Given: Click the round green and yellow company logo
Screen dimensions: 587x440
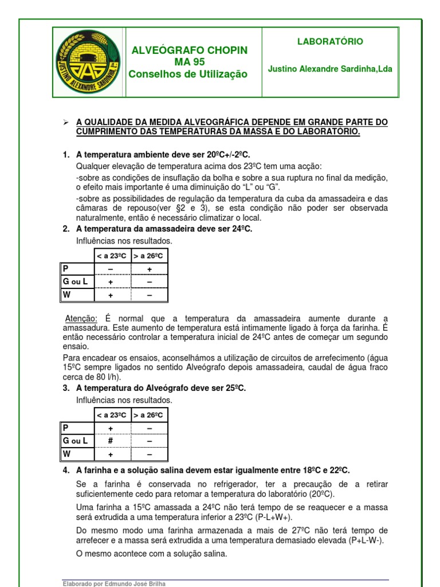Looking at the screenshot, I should pos(88,62).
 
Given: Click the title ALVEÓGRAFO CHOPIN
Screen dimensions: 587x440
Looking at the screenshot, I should pos(190,50).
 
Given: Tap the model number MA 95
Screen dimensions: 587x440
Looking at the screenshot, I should pos(190,62).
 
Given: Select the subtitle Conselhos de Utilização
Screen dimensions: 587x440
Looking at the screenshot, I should pos(188,74).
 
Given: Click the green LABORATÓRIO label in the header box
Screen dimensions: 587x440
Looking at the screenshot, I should pos(329,42).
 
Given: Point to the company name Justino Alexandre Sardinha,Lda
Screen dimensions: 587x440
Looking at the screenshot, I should pos(330,69).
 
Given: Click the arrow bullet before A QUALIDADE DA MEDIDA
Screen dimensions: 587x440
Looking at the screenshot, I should pos(65,123).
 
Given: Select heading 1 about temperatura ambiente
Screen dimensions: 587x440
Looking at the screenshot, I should pos(163,155).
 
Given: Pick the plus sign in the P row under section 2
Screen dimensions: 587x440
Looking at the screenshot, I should pos(149,269).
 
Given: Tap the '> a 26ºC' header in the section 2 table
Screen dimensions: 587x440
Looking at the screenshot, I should pos(149,256).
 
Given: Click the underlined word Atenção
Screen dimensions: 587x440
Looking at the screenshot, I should pos(81,319).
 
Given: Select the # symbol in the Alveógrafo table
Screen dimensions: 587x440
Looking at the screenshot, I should pos(111,441).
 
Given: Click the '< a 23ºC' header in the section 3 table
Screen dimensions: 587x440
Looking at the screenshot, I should pos(111,415).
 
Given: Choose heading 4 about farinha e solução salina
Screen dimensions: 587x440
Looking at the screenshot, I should pos(213,470).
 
